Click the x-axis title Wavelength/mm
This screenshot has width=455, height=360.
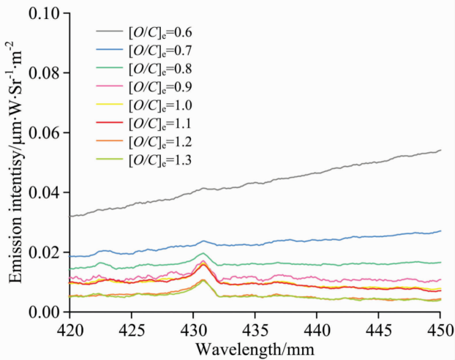(254, 349)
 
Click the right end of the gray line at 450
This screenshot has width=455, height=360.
(440, 150)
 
